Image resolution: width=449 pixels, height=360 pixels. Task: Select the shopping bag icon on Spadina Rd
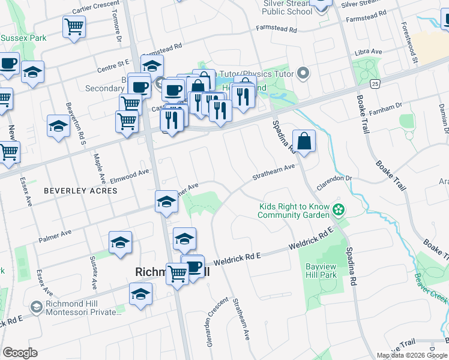pos(304,142)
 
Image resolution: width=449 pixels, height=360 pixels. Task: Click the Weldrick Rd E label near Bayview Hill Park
pos(310,241)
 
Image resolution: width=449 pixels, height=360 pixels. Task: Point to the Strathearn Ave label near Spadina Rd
pos(274,172)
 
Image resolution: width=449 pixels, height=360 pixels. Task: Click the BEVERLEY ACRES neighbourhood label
pos(72,190)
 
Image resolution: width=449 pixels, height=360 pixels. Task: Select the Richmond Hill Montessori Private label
pos(83,305)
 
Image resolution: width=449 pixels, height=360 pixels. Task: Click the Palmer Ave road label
pos(55,236)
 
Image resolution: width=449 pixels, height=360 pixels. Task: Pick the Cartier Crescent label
pos(97,8)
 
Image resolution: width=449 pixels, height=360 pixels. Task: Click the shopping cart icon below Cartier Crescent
pos(74,26)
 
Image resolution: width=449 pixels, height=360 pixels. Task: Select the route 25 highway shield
pos(375,83)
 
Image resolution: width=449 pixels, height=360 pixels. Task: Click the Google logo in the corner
pos(20,353)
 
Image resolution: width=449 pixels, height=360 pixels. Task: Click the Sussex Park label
pos(23,38)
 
